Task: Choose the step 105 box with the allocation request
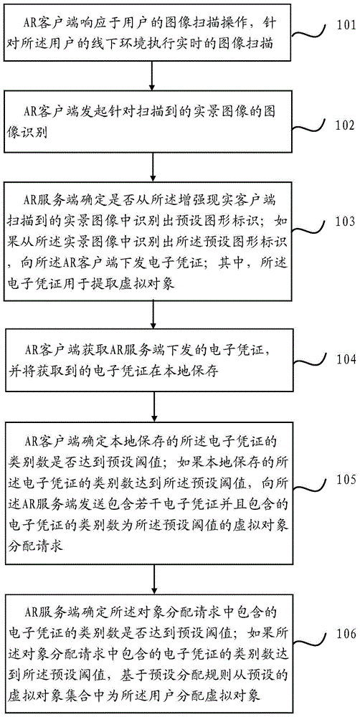(151, 490)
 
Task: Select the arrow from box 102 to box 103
(151, 166)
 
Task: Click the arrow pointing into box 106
(151, 574)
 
